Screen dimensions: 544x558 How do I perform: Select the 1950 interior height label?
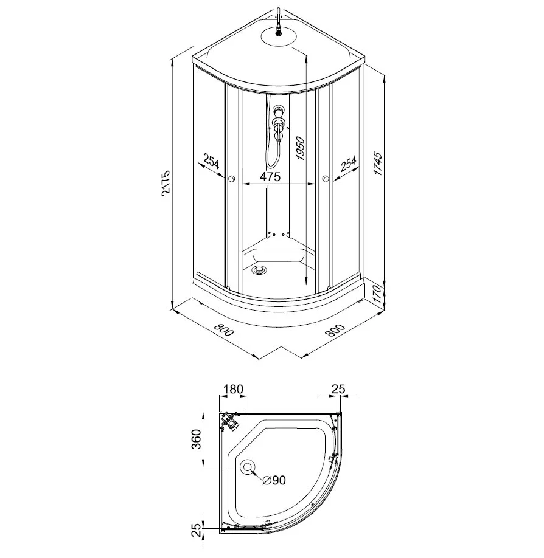point(301,148)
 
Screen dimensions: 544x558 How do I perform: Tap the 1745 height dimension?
point(378,164)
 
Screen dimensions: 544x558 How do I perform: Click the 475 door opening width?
point(270,176)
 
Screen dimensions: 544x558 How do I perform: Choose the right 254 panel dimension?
point(348,164)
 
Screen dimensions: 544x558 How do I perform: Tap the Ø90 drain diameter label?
point(274,480)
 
